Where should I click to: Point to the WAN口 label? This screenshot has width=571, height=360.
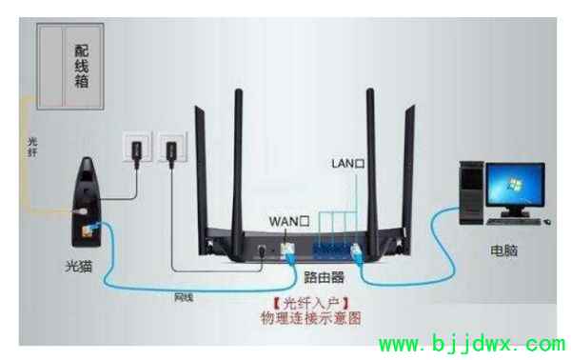(290, 220)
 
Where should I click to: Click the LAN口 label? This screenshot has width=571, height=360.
(347, 164)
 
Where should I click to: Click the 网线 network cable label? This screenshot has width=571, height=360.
(184, 297)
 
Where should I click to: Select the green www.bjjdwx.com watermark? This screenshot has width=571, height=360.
(472, 343)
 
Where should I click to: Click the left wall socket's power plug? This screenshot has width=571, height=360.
(135, 150)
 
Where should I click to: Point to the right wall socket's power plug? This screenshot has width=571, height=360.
(171, 150)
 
